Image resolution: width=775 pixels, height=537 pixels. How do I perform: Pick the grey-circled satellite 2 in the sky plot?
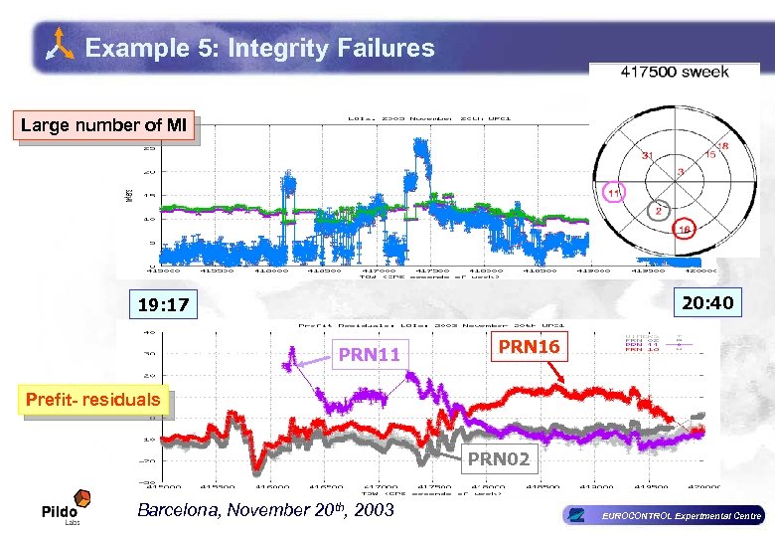(657, 210)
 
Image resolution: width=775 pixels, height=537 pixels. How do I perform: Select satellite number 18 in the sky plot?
(722, 145)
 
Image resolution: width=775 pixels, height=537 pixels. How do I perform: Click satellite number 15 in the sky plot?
(709, 154)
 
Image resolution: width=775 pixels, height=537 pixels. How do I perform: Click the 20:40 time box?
(706, 301)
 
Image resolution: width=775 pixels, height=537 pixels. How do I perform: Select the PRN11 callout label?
(369, 354)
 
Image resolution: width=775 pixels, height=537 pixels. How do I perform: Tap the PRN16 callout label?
(529, 346)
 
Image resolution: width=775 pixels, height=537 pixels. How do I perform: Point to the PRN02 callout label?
(499, 459)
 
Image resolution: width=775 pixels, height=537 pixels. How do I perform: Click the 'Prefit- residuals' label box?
(92, 400)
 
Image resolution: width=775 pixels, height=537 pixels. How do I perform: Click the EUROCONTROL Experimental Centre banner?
(664, 515)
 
